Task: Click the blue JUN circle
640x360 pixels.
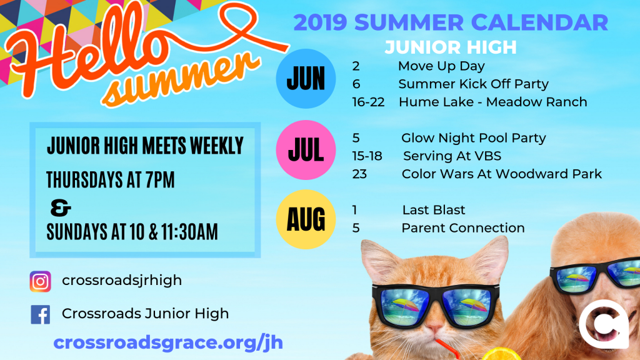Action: pyautogui.click(x=306, y=78)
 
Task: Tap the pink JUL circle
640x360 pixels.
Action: pyautogui.click(x=306, y=150)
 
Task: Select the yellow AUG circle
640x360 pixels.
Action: pyautogui.click(x=306, y=219)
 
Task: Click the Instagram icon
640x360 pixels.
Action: pyautogui.click(x=41, y=281)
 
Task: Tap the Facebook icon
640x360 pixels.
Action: pyautogui.click(x=41, y=314)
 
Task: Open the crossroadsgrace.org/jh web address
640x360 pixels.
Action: pyautogui.click(x=168, y=342)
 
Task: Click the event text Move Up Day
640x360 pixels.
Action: pyautogui.click(x=441, y=66)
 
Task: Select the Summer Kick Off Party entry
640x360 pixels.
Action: pyautogui.click(x=473, y=84)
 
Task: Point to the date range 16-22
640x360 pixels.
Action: pyautogui.click(x=368, y=102)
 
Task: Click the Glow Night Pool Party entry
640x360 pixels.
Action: pyautogui.click(x=474, y=138)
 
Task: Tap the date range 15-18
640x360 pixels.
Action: pyautogui.click(x=367, y=156)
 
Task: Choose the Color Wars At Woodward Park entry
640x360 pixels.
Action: pyautogui.click(x=502, y=174)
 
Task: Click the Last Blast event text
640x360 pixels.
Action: pyautogui.click(x=434, y=210)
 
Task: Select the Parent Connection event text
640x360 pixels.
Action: pyautogui.click(x=463, y=227)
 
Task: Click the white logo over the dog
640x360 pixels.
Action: pyautogui.click(x=604, y=324)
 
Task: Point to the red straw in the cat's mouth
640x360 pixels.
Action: pyautogui.click(x=446, y=348)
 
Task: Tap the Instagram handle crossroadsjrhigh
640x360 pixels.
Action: pyautogui.click(x=122, y=281)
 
